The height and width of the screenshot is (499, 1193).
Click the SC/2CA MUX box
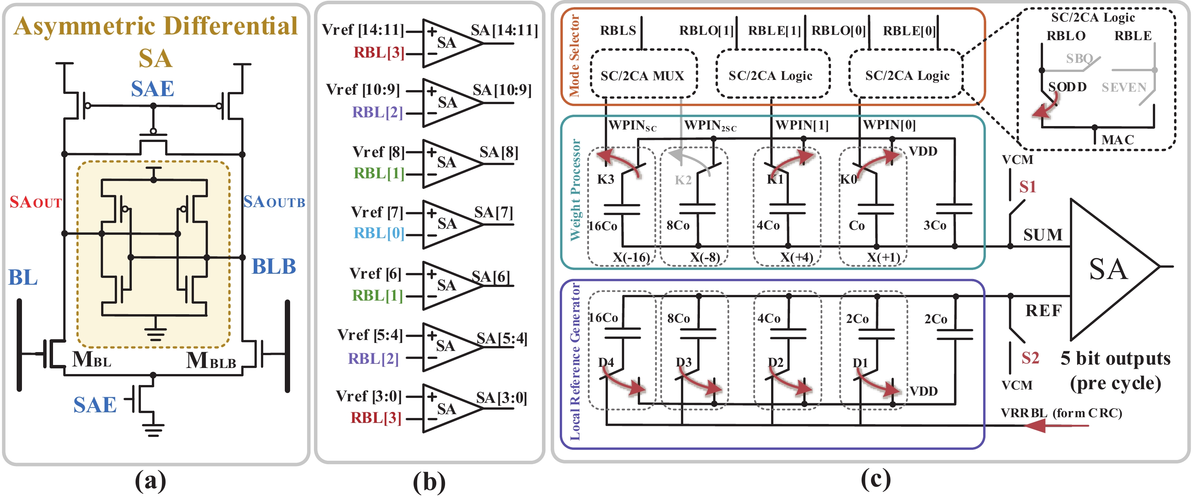[x=643, y=75]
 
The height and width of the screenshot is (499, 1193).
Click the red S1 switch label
[x=1027, y=187]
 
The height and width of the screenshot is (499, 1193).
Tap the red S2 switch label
[x=1030, y=358]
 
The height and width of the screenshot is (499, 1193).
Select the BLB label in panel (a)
[x=273, y=267]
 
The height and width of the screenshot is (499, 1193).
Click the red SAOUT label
[x=36, y=202]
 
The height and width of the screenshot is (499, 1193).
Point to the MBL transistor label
[x=92, y=359]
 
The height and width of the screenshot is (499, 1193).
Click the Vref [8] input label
[x=378, y=152]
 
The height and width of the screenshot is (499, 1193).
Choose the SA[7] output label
[x=493, y=212]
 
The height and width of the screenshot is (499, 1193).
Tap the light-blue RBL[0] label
[x=378, y=233]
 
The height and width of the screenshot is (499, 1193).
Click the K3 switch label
[x=605, y=179]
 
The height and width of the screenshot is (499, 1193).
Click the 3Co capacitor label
[x=935, y=225]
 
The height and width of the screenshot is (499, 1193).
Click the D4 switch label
[x=606, y=362]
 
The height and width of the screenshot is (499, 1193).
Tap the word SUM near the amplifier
[x=1043, y=235]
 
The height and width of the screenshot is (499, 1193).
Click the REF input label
[x=1043, y=310]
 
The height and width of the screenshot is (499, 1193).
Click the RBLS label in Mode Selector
[x=618, y=31]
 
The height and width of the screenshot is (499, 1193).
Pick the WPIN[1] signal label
[x=802, y=125]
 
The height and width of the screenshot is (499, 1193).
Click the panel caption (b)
[x=429, y=482]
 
